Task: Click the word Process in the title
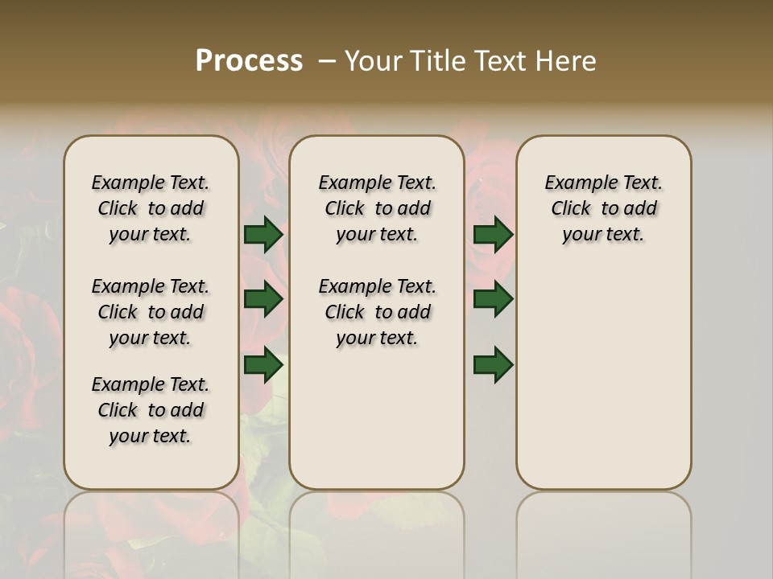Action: click(x=249, y=61)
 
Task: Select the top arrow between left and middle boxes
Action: click(x=262, y=235)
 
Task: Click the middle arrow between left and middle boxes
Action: click(x=262, y=299)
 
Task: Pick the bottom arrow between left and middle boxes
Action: click(x=262, y=365)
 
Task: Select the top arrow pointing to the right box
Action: click(x=493, y=235)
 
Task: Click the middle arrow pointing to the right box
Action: click(x=493, y=299)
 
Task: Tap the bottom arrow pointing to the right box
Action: click(x=493, y=365)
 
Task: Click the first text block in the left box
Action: click(x=151, y=208)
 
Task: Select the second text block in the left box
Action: click(x=151, y=312)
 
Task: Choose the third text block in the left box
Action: click(x=151, y=410)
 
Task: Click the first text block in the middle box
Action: click(x=377, y=208)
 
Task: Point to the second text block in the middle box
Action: click(x=377, y=312)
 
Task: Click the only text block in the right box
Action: click(x=603, y=208)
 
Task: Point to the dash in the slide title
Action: click(x=326, y=61)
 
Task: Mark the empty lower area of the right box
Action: click(x=603, y=386)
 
